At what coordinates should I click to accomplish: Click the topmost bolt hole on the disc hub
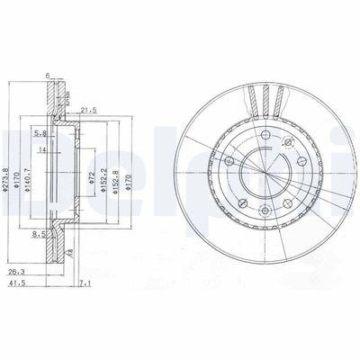[266, 136]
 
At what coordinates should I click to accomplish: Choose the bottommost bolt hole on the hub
[266, 213]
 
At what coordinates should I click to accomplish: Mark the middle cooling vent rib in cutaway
[267, 96]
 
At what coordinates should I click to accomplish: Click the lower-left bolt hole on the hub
[243, 204]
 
